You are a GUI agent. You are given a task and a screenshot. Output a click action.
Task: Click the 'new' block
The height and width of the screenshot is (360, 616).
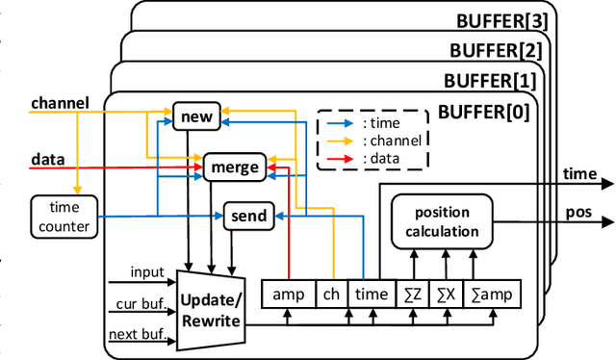[x=196, y=117]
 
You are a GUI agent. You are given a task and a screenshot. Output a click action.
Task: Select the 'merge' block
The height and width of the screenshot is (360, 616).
[x=234, y=167]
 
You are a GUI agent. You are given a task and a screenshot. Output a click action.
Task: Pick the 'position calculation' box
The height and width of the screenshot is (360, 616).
[x=441, y=221]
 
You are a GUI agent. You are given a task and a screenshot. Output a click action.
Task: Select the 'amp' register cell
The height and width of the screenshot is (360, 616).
[x=288, y=295]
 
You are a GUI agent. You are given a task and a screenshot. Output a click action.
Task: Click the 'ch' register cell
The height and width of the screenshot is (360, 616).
[x=330, y=295]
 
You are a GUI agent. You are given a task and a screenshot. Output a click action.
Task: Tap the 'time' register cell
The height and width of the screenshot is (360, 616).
[x=372, y=295]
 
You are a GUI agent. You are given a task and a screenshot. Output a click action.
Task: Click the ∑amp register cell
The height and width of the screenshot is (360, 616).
[x=491, y=295]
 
